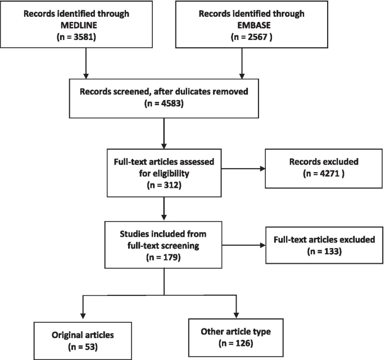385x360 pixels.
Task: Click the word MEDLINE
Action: pyautogui.click(x=79, y=25)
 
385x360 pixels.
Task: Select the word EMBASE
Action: pyautogui.click(x=254, y=25)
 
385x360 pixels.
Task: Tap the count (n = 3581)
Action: pyautogui.click(x=76, y=37)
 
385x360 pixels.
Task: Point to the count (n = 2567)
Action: pyautogui.click(x=252, y=37)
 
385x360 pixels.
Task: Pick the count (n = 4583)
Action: pyautogui.click(x=164, y=103)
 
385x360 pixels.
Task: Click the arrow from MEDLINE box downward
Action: pyautogui.click(x=86, y=64)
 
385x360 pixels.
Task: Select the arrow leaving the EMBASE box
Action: pyautogui.click(x=242, y=64)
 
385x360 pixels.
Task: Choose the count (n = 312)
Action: pyautogui.click(x=164, y=185)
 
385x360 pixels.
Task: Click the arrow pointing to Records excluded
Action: pyautogui.click(x=243, y=169)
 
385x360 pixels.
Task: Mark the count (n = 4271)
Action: pyautogui.click(x=324, y=173)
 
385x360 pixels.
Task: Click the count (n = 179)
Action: pyautogui.click(x=164, y=257)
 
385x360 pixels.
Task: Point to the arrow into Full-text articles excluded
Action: pyautogui.click(x=244, y=245)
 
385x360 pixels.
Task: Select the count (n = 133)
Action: pyautogui.click(x=324, y=251)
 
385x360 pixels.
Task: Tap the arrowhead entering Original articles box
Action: pyautogui.click(x=83, y=316)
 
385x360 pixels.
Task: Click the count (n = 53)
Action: pyautogui.click(x=83, y=346)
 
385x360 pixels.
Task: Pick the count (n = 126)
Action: pyautogui.click(x=235, y=343)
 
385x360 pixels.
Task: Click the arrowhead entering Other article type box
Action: pyautogui.click(x=236, y=315)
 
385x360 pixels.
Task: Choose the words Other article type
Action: pyautogui.click(x=235, y=331)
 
